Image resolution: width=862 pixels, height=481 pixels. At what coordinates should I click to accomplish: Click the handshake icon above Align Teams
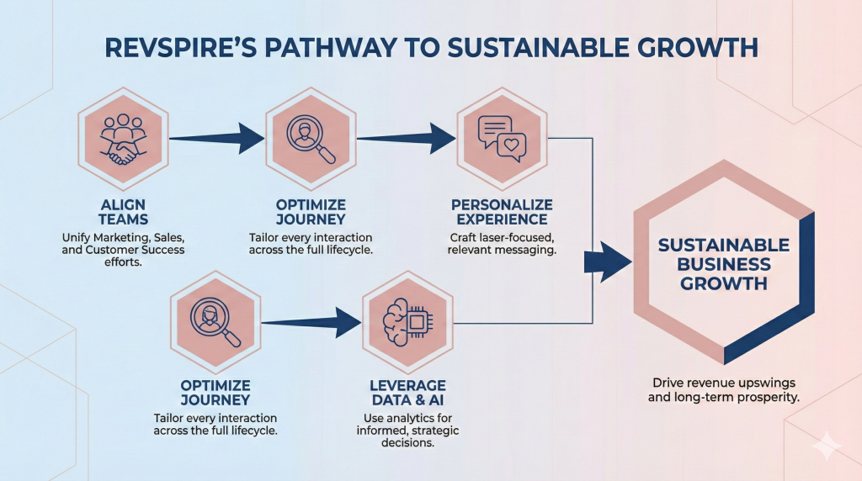coord(125,139)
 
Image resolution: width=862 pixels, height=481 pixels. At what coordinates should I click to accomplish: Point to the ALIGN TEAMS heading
coord(125,212)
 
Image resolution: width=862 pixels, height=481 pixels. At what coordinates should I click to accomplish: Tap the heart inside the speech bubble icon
coord(511,146)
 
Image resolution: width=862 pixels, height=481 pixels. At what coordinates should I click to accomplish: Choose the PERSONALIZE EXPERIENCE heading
coord(502,212)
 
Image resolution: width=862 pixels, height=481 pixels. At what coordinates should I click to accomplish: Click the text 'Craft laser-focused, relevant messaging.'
coord(502,244)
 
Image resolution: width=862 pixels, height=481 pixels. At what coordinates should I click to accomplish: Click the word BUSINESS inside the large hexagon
coord(724,264)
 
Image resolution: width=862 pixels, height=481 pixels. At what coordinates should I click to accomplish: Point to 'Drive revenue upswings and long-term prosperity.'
coord(723,388)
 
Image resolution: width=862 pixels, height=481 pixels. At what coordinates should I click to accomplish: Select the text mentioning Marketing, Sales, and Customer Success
coord(125,250)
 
